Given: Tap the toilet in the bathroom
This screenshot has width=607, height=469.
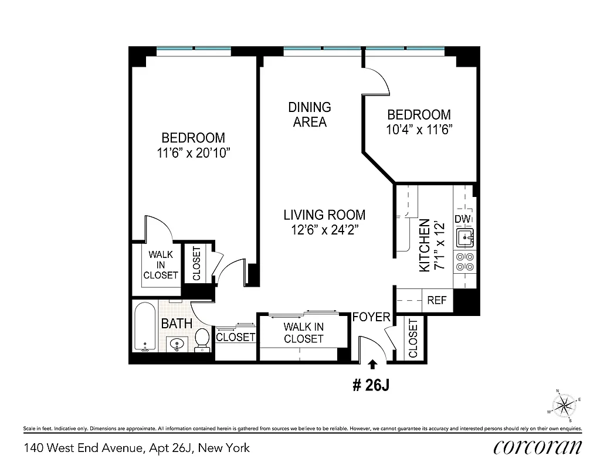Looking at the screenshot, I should pyautogui.click(x=202, y=339).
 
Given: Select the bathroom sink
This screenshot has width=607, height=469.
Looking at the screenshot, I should pyautogui.click(x=176, y=345).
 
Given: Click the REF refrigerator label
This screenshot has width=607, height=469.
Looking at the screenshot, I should pyautogui.click(x=437, y=300).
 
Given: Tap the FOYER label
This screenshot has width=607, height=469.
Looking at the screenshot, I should pyautogui.click(x=371, y=317).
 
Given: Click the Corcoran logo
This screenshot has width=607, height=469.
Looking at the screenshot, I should pyautogui.click(x=538, y=447).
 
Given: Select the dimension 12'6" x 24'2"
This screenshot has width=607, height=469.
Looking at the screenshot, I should pyautogui.click(x=324, y=230).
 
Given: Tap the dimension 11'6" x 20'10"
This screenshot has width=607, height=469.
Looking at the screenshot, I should pyautogui.click(x=193, y=153).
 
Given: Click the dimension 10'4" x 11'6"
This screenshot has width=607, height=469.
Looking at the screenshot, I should pyautogui.click(x=419, y=130).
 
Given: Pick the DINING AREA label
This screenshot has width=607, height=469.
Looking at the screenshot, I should pyautogui.click(x=310, y=115).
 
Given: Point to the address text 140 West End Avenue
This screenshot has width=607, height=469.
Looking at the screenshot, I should pyautogui.click(x=136, y=448).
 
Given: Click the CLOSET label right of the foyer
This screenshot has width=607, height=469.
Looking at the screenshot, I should pyautogui.click(x=413, y=338).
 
